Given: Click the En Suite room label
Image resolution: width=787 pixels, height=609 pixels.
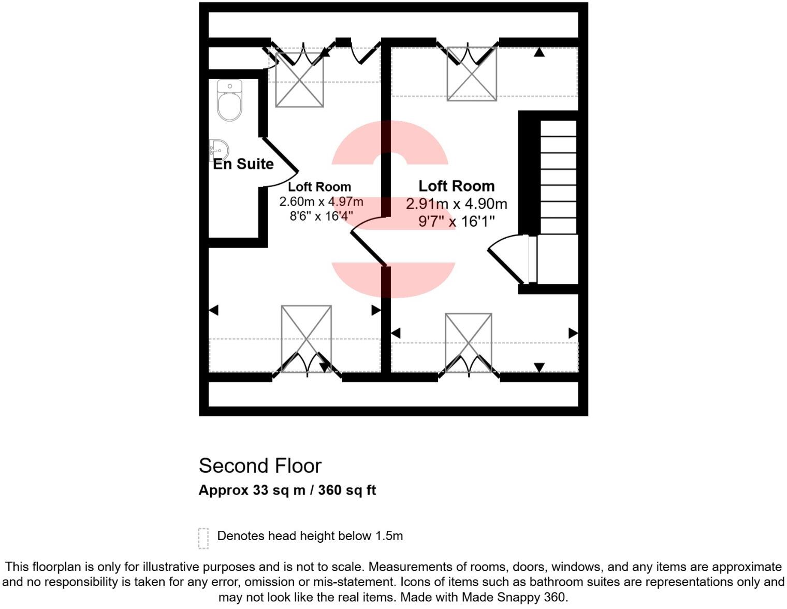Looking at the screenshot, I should coord(243,164).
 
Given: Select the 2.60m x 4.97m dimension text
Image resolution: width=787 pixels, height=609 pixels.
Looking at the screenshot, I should coord(321,201).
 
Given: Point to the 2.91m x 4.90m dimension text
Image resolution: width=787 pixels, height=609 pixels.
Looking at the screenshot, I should coord(456,204).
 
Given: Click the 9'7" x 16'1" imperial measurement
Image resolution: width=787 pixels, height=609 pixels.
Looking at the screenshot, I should coord(456,222).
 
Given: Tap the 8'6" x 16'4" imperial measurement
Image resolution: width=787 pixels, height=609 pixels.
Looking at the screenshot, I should coord(321,216).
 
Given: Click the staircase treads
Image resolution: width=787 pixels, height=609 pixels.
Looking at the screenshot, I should coord(558,176).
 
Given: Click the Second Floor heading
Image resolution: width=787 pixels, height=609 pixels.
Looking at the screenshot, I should coord(260,466).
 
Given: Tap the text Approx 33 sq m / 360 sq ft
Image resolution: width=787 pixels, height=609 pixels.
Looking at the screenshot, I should coord(287,490).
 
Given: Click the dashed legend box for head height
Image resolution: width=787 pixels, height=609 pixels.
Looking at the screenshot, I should coord(203,538).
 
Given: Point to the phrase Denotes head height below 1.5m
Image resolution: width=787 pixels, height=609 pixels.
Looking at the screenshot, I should coord(310,536).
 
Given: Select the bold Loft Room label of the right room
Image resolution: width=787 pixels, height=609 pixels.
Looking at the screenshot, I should coord(456,186).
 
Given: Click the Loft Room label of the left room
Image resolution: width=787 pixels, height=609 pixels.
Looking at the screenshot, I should coord(319,186).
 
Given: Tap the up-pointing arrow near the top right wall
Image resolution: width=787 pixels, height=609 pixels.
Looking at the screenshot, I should coord(539,52).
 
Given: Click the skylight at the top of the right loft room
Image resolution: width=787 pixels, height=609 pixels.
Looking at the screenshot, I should coord(472,73).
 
